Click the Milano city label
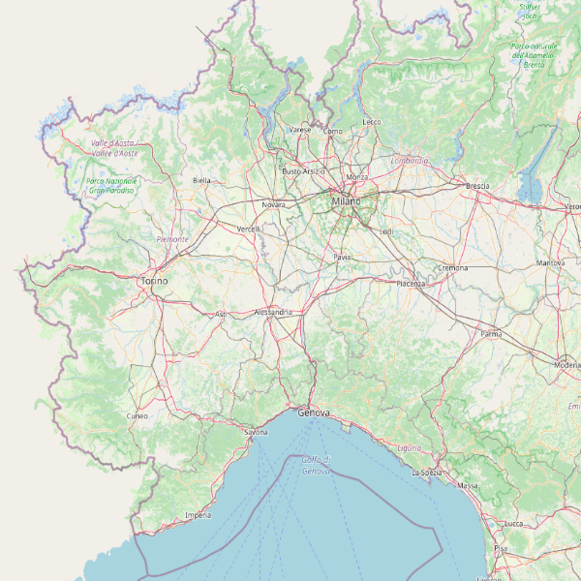pyautogui.click(x=345, y=200)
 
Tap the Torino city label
pyautogui.click(x=154, y=281)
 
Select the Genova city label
pyautogui.click(x=314, y=413)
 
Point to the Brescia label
pyautogui.click(x=477, y=185)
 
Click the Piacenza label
pyautogui.click(x=411, y=284)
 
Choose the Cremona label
pyautogui.click(x=453, y=267)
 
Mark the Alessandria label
pyautogui.click(x=272, y=313)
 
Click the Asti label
pyautogui.click(x=220, y=314)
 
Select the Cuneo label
pyautogui.click(x=138, y=415)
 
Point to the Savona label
pyautogui.click(x=256, y=432)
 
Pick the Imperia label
pyautogui.click(x=198, y=515)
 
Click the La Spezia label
pyautogui.click(x=427, y=473)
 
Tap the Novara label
pyautogui.click(x=274, y=204)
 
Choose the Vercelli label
pyautogui.click(x=249, y=229)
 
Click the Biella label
pyautogui.click(x=201, y=180)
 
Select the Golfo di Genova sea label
pyautogui.click(x=316, y=465)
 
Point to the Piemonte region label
pyautogui.click(x=172, y=238)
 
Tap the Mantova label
pyautogui.click(x=550, y=263)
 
